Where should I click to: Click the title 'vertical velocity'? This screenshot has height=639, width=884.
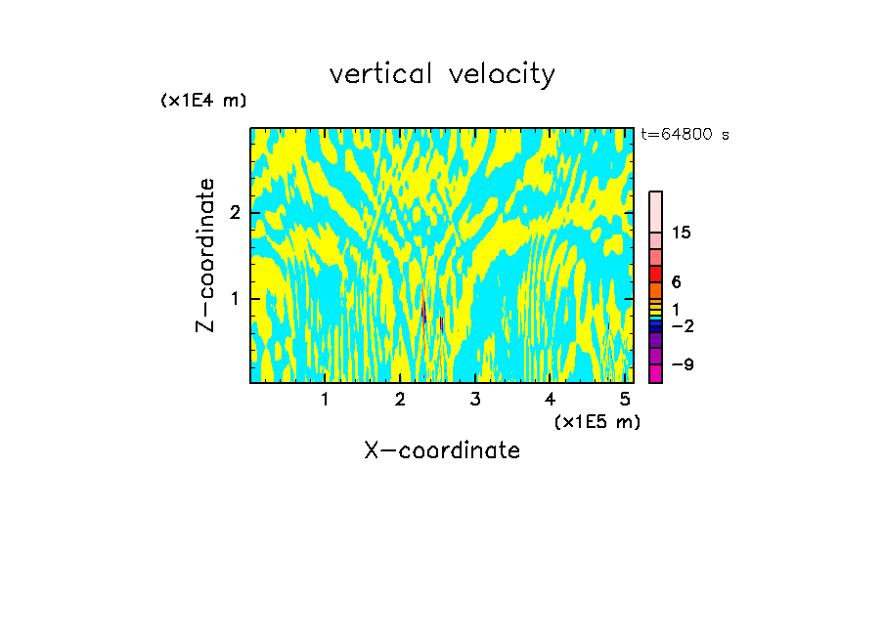point(442,74)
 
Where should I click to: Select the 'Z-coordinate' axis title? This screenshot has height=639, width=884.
point(205,255)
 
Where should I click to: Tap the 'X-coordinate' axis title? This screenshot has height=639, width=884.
point(442,450)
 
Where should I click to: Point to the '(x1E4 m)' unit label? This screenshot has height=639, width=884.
point(203,101)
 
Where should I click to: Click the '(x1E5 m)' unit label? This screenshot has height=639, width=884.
point(597,421)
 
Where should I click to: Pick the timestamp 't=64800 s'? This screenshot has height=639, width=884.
point(685,135)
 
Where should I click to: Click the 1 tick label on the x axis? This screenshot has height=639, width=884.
point(325,399)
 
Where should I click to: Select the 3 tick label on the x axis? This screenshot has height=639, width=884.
point(475,399)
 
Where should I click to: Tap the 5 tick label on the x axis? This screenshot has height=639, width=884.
point(625,399)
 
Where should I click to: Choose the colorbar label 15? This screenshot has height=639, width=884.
point(682,233)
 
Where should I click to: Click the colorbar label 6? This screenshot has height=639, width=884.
point(676,281)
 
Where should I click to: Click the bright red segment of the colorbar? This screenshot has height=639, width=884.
point(656,274)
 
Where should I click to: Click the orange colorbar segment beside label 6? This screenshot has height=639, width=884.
point(656,290)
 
